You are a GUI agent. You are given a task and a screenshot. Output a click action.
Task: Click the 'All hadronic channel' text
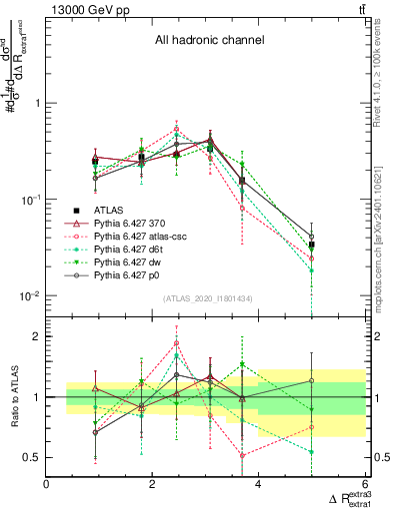pos(208,41)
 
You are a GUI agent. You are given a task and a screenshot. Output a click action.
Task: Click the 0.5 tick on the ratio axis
pos(32,457)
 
